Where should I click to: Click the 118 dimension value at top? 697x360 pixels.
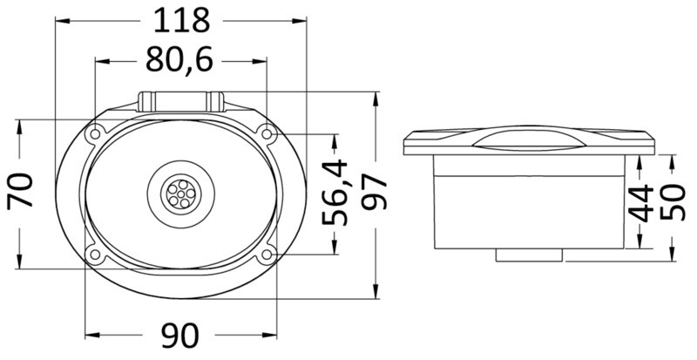pos(182,18)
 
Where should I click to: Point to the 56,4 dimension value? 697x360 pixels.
pos(335,194)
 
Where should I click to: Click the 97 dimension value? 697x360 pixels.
pos(375,194)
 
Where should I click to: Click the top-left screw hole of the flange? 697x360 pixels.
pos(94,133)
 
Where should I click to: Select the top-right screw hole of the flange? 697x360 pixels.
pos(265,132)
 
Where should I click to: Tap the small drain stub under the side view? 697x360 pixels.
pos(530,255)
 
